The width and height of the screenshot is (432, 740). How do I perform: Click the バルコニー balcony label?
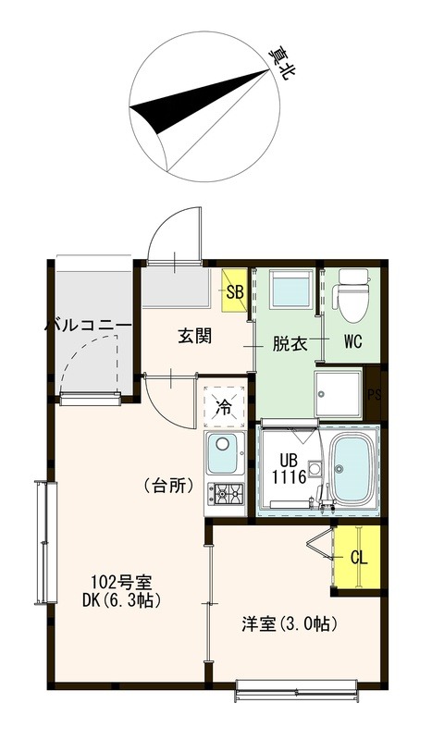click(88, 327)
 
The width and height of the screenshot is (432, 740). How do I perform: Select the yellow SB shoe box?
click(235, 289)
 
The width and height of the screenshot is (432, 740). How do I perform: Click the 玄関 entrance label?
click(194, 336)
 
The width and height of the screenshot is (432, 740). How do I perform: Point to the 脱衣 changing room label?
click(289, 343)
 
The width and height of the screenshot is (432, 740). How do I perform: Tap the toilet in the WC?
click(351, 292)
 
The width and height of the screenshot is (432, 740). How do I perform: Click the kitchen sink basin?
click(224, 453)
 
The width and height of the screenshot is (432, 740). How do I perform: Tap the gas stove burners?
click(225, 493)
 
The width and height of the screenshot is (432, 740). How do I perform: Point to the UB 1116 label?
click(287, 469)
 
